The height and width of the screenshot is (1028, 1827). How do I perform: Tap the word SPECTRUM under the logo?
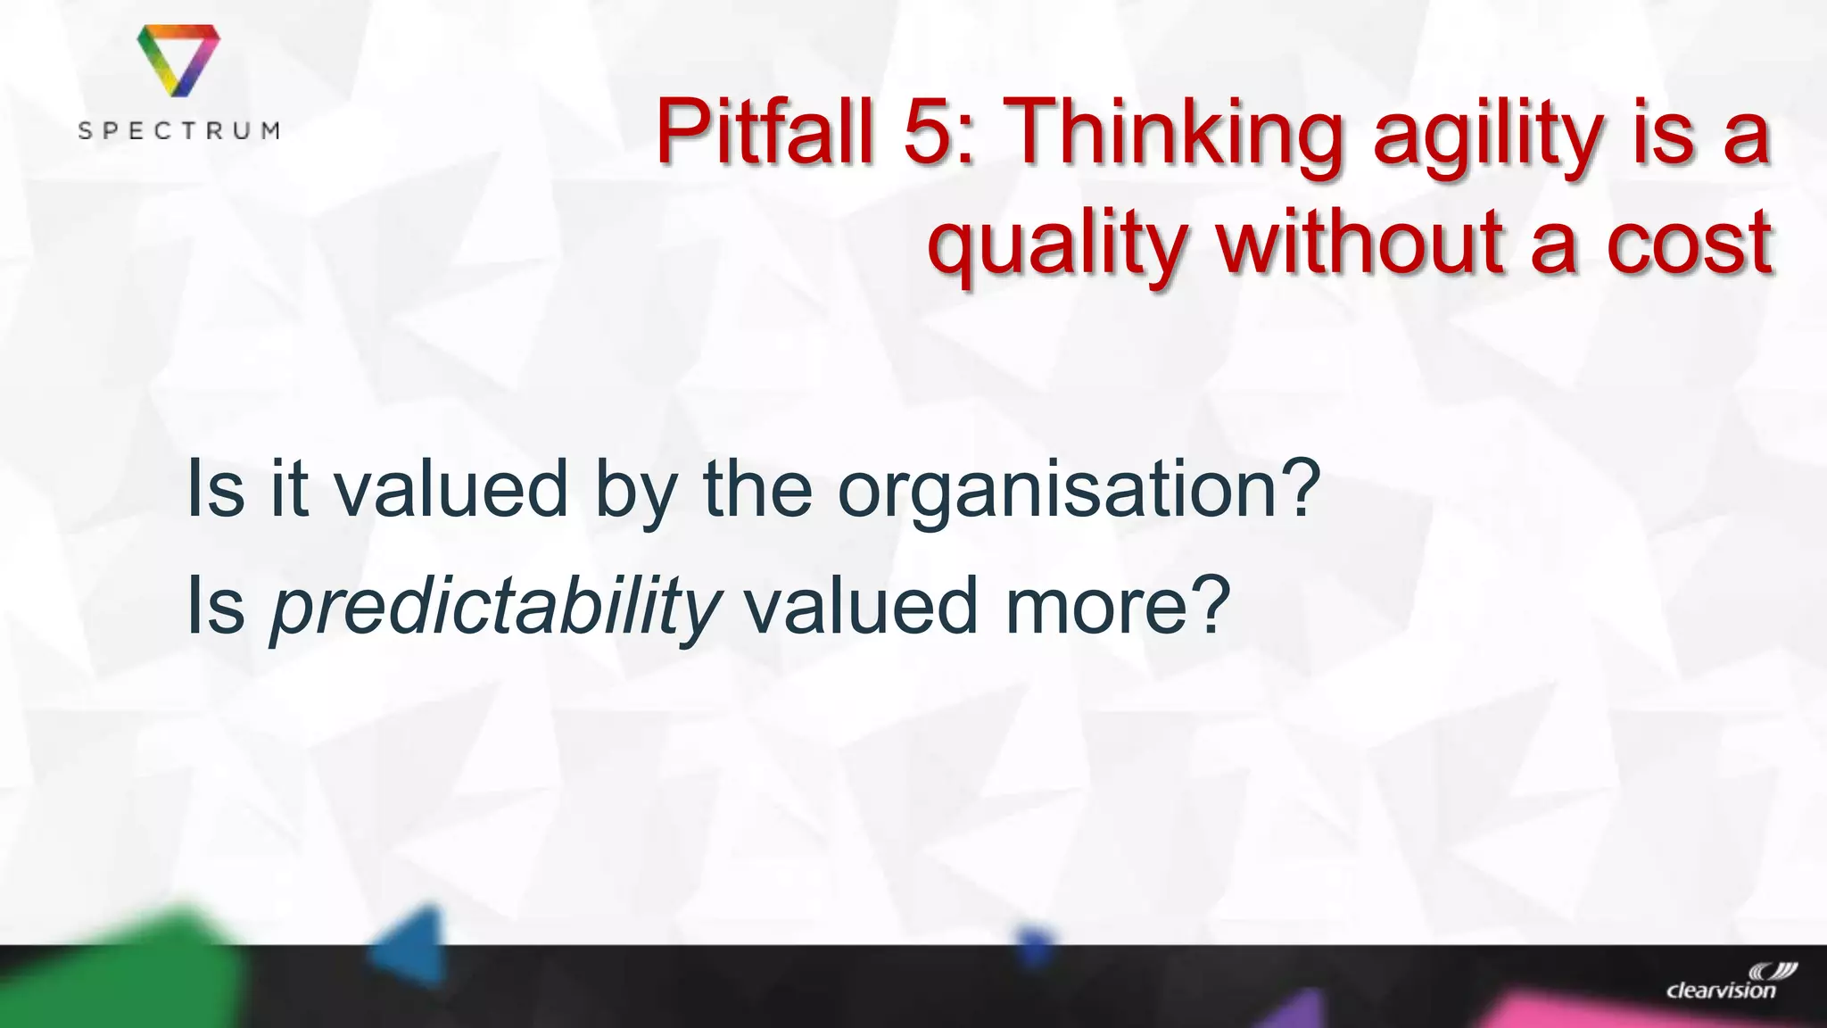pos(178,131)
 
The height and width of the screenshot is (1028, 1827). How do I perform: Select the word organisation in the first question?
pos(1066,490)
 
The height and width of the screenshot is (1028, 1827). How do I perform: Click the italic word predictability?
pos(495,608)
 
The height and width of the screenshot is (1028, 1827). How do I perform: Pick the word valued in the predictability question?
pos(861,606)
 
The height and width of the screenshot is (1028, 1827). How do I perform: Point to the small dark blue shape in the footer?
pos(1034,946)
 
